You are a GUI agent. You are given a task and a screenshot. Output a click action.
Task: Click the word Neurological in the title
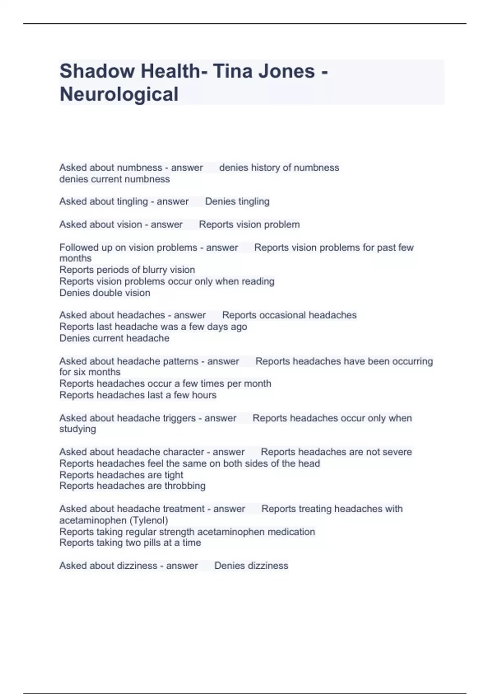[x=119, y=94]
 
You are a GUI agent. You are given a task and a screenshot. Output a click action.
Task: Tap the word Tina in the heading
[x=231, y=71]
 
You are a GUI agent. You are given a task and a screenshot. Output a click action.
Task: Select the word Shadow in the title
[x=97, y=71]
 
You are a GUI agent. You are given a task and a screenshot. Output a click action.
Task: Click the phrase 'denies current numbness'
[x=114, y=179]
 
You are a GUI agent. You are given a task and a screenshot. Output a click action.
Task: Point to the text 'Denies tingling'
[x=237, y=201]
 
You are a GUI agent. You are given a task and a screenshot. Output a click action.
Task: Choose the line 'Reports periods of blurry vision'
[x=127, y=270]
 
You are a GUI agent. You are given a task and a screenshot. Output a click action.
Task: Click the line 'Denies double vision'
[x=105, y=293]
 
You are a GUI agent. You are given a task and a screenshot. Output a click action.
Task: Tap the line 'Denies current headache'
[x=114, y=338]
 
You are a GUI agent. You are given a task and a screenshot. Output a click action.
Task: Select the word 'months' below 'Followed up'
[x=75, y=258]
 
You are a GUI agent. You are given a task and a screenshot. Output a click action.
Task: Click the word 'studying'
[x=78, y=429]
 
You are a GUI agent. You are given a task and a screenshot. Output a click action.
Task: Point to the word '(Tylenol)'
[x=149, y=520]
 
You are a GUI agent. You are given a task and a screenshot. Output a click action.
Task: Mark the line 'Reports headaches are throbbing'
[x=132, y=486]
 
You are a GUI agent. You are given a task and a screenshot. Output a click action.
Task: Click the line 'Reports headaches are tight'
[x=121, y=475]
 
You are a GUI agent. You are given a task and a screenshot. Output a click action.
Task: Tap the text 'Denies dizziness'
[x=251, y=565]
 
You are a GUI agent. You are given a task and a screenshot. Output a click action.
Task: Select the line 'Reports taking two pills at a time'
[x=130, y=543]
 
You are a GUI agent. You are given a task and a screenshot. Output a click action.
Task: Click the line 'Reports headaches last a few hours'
[x=138, y=395]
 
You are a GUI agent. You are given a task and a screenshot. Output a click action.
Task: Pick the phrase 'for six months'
[x=90, y=372]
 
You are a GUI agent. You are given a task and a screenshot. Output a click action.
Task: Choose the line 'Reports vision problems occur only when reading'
[x=167, y=281]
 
